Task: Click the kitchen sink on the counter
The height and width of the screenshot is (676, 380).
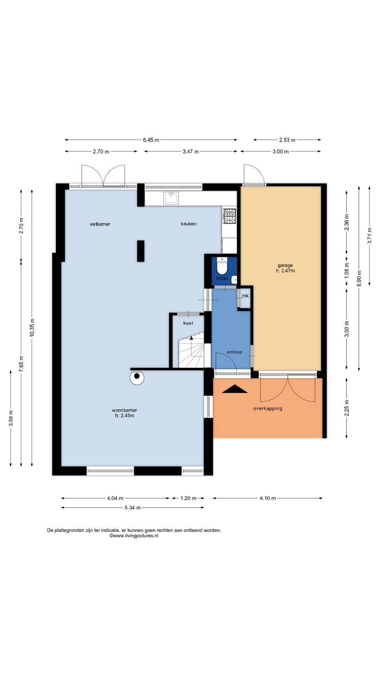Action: tap(171, 198)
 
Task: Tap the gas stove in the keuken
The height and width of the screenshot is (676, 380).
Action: tap(229, 216)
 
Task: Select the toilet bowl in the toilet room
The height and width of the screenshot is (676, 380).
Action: tap(222, 266)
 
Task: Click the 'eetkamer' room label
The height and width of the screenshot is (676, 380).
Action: tap(100, 224)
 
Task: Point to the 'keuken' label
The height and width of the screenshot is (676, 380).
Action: tap(189, 224)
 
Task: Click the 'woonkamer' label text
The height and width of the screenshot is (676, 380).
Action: tap(124, 410)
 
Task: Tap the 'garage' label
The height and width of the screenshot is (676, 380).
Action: tap(285, 265)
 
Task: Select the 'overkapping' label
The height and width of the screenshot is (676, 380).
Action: tap(268, 408)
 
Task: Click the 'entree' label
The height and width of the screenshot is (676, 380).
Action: tap(234, 352)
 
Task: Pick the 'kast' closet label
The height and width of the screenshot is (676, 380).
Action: tap(188, 323)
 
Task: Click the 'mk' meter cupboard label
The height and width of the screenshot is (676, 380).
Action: tap(245, 296)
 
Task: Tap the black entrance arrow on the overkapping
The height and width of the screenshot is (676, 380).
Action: tap(235, 389)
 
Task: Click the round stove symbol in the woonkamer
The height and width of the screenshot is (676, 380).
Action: tap(137, 378)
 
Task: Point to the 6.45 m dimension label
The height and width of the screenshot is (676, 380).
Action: tap(151, 140)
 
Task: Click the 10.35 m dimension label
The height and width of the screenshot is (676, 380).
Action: tap(32, 327)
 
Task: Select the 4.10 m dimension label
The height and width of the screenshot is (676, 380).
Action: tap(268, 498)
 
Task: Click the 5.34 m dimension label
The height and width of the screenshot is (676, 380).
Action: tap(133, 508)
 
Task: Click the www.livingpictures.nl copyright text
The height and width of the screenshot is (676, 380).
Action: tap(134, 536)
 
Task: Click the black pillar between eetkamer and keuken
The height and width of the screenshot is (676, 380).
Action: tap(141, 251)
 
